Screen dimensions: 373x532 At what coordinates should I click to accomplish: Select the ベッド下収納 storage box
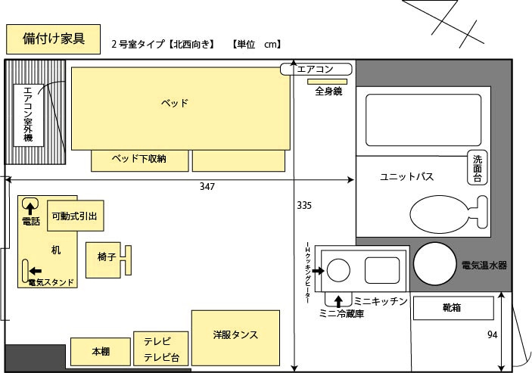tap(139, 160)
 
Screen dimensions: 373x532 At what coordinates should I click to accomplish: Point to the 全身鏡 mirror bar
tap(328, 81)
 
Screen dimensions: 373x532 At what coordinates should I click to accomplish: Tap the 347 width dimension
tap(207, 186)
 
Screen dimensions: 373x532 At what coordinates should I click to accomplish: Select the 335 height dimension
tap(303, 205)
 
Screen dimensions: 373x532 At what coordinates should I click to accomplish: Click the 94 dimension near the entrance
tap(493, 334)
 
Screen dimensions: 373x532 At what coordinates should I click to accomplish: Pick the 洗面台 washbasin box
tap(478, 168)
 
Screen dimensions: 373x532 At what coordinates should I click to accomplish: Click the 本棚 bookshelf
tap(101, 351)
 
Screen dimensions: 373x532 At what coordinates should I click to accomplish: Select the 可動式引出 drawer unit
tap(73, 216)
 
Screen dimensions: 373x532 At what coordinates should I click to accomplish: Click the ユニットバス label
tap(406, 177)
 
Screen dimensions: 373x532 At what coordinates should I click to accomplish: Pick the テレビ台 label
tap(160, 357)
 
